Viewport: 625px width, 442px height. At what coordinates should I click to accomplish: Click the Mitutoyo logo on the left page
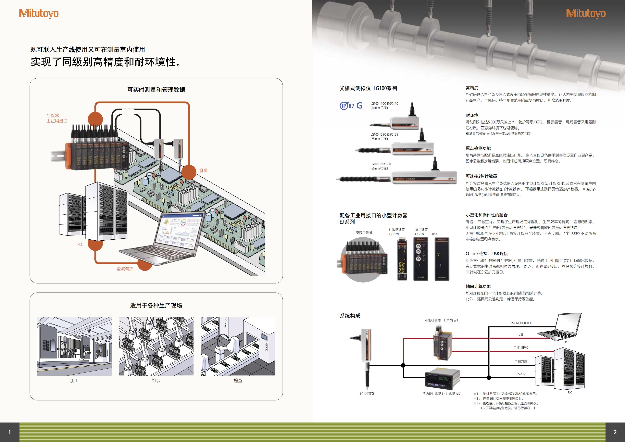pos(39,14)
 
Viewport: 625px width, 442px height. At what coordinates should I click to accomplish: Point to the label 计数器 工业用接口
pos(57,118)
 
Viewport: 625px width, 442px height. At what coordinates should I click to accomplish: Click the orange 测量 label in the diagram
pos(203,170)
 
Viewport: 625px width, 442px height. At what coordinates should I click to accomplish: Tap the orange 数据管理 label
pos(125,269)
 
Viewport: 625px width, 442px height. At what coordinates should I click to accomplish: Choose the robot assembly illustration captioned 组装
pos(156,346)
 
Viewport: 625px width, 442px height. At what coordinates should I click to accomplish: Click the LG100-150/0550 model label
pos(381,164)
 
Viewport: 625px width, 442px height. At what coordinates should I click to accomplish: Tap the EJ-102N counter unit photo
pos(402,259)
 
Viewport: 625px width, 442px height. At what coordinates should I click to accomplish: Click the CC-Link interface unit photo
pos(420,259)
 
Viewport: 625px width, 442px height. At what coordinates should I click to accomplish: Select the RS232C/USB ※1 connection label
pos(520,323)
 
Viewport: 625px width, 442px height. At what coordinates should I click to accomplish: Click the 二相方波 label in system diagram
pos(520,362)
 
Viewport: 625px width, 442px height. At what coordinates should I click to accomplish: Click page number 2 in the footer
pos(615,432)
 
